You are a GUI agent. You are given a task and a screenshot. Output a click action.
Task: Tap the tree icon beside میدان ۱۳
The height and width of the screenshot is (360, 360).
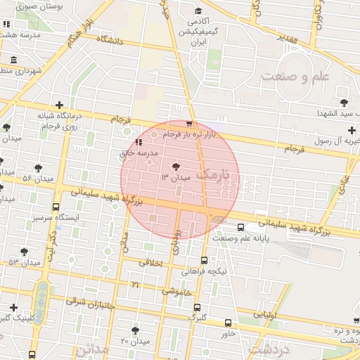click(x=175, y=167)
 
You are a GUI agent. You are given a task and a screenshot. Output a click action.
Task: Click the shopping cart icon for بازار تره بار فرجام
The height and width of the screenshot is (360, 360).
click(x=189, y=123)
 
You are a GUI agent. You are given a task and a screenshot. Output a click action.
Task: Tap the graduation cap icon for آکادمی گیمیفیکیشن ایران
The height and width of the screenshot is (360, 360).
click(x=198, y=11)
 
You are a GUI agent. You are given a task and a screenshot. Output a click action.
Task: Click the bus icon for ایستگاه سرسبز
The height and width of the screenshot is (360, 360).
click(x=56, y=207)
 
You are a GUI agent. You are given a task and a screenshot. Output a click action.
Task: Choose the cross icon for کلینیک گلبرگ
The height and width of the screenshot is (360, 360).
click(x=13, y=307)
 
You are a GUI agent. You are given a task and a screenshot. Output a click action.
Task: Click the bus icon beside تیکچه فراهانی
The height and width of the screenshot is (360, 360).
click(x=205, y=260)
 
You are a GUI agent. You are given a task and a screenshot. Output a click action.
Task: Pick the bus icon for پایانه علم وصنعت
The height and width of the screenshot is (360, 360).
click(x=241, y=227)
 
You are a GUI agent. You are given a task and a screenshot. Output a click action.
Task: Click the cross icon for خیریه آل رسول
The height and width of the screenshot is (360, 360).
click(x=352, y=130)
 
